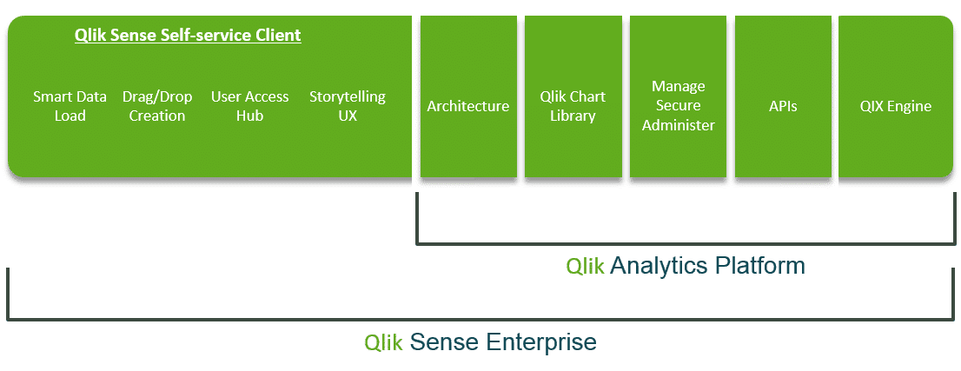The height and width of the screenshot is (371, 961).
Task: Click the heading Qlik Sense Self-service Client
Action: pyautogui.click(x=188, y=36)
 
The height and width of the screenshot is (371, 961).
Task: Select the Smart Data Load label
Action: pyautogui.click(x=70, y=106)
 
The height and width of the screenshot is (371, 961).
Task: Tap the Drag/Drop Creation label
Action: pyautogui.click(x=157, y=106)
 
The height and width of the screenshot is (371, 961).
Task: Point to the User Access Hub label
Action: pyautogui.click(x=249, y=106)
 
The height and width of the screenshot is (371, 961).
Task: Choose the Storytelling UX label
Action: pyautogui.click(x=347, y=106)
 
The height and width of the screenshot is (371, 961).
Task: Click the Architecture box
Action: pyautogui.click(x=467, y=106)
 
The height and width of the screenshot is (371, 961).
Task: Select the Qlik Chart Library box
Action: pyautogui.click(x=573, y=106)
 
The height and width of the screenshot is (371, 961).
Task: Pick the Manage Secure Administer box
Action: pyautogui.click(x=678, y=106)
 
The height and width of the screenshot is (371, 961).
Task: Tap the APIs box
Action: pyautogui.click(x=783, y=106)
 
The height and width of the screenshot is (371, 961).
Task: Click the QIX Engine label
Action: pyautogui.click(x=895, y=106)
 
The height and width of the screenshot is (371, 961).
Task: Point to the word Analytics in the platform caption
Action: pyautogui.click(x=659, y=266)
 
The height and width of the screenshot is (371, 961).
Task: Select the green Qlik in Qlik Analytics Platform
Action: pyautogui.click(x=585, y=266)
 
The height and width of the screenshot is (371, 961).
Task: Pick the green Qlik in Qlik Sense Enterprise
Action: pyautogui.click(x=383, y=341)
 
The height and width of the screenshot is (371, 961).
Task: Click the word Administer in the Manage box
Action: pyautogui.click(x=678, y=125)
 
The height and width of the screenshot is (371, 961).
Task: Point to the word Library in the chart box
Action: pyautogui.click(x=573, y=116)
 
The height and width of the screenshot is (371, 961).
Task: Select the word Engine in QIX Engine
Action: pyautogui.click(x=911, y=106)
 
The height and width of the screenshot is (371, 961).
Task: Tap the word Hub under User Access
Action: pyautogui.click(x=249, y=116)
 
